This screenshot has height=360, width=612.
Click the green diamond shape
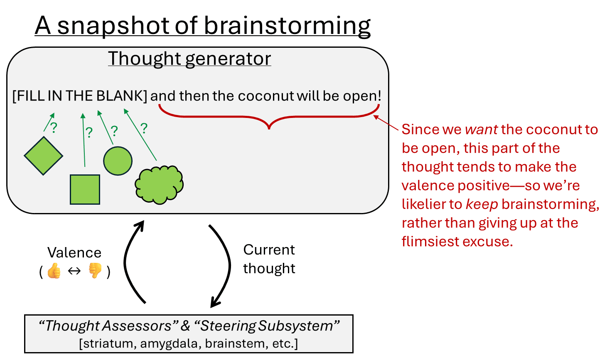[x=44, y=156]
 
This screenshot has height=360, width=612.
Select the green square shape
[x=85, y=189]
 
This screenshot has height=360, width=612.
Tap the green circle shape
[x=118, y=161]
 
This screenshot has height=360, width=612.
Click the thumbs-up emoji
[x=54, y=272]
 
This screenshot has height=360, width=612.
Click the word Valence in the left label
[x=74, y=253]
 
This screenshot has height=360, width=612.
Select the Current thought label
[x=269, y=259]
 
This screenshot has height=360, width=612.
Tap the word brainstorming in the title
[x=287, y=26]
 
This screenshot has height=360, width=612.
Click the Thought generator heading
[x=189, y=59]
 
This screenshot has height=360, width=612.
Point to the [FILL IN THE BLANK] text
[x=80, y=96]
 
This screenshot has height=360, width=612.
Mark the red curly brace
[x=269, y=116]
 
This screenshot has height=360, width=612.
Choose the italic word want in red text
[x=481, y=130]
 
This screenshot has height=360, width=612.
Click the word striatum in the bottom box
[x=108, y=344]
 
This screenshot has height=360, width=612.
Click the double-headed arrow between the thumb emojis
[x=74, y=272]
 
